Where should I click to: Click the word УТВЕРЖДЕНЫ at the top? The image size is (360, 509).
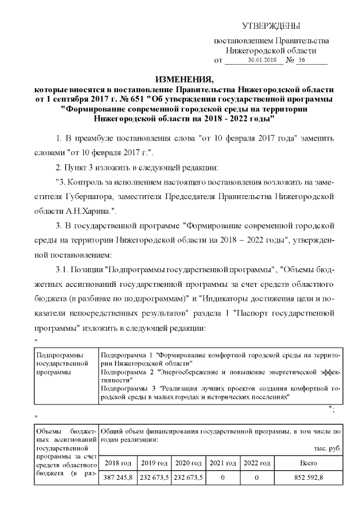271,26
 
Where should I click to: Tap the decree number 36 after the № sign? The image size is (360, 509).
301,60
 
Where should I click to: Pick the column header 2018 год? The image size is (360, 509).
119,463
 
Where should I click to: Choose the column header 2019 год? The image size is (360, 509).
154,463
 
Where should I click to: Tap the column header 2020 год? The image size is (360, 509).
188,463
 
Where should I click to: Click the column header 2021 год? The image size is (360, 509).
223,463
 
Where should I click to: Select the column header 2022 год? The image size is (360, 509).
256,463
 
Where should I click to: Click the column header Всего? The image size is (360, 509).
309,463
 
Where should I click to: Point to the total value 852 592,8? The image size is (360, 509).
309,478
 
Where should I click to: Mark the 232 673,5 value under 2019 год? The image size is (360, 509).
154,478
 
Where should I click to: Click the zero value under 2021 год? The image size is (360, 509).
223,478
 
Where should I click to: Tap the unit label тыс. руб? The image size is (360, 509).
327,449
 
